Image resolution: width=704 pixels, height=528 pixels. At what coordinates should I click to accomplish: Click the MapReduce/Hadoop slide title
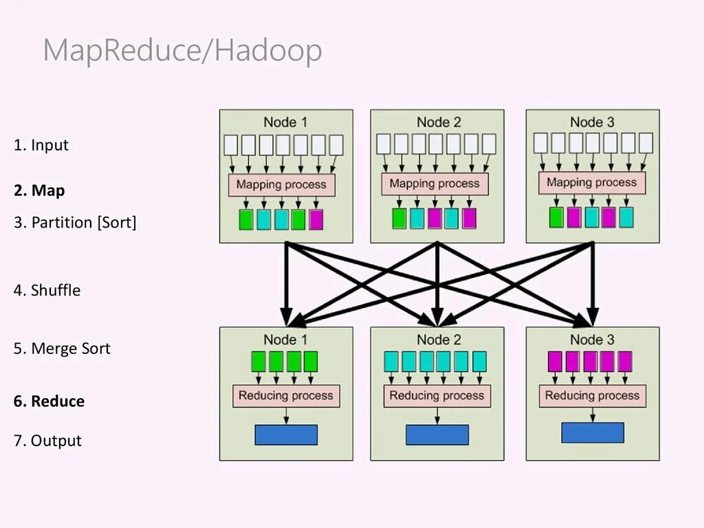(x=182, y=52)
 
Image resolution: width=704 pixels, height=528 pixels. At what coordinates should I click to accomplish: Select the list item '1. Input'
(x=41, y=145)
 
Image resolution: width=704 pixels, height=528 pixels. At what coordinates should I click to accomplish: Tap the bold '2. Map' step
(x=39, y=190)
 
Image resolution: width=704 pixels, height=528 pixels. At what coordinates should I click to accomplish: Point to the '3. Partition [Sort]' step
(x=75, y=223)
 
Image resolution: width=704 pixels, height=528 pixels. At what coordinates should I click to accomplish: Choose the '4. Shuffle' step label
(x=47, y=290)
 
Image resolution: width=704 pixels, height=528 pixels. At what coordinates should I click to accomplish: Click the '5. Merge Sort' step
(x=62, y=349)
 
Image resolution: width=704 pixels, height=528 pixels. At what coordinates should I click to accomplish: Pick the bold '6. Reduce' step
(x=49, y=401)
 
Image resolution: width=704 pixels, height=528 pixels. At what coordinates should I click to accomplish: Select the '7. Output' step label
(x=47, y=441)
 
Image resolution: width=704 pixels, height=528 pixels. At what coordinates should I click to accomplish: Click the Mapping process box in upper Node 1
(x=282, y=184)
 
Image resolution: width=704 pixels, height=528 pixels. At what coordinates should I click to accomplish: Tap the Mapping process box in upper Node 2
(x=434, y=184)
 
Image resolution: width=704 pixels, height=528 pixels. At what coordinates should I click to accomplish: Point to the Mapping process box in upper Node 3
(x=592, y=183)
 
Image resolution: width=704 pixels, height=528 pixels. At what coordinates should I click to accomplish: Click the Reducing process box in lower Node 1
(x=286, y=396)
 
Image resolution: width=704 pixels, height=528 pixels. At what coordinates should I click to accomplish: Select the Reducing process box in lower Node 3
(x=592, y=395)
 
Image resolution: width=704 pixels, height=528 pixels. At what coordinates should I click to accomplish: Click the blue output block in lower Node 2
(x=437, y=434)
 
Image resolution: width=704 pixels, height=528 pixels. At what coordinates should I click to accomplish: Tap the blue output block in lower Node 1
(x=286, y=434)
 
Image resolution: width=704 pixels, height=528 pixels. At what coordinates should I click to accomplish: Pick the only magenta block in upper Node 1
(x=316, y=219)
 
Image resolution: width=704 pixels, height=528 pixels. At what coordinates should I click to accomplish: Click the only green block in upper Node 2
(x=399, y=219)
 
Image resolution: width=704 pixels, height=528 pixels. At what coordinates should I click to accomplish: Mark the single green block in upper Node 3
(x=556, y=217)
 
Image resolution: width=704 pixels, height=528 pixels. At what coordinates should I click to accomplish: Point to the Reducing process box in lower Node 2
(x=437, y=396)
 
